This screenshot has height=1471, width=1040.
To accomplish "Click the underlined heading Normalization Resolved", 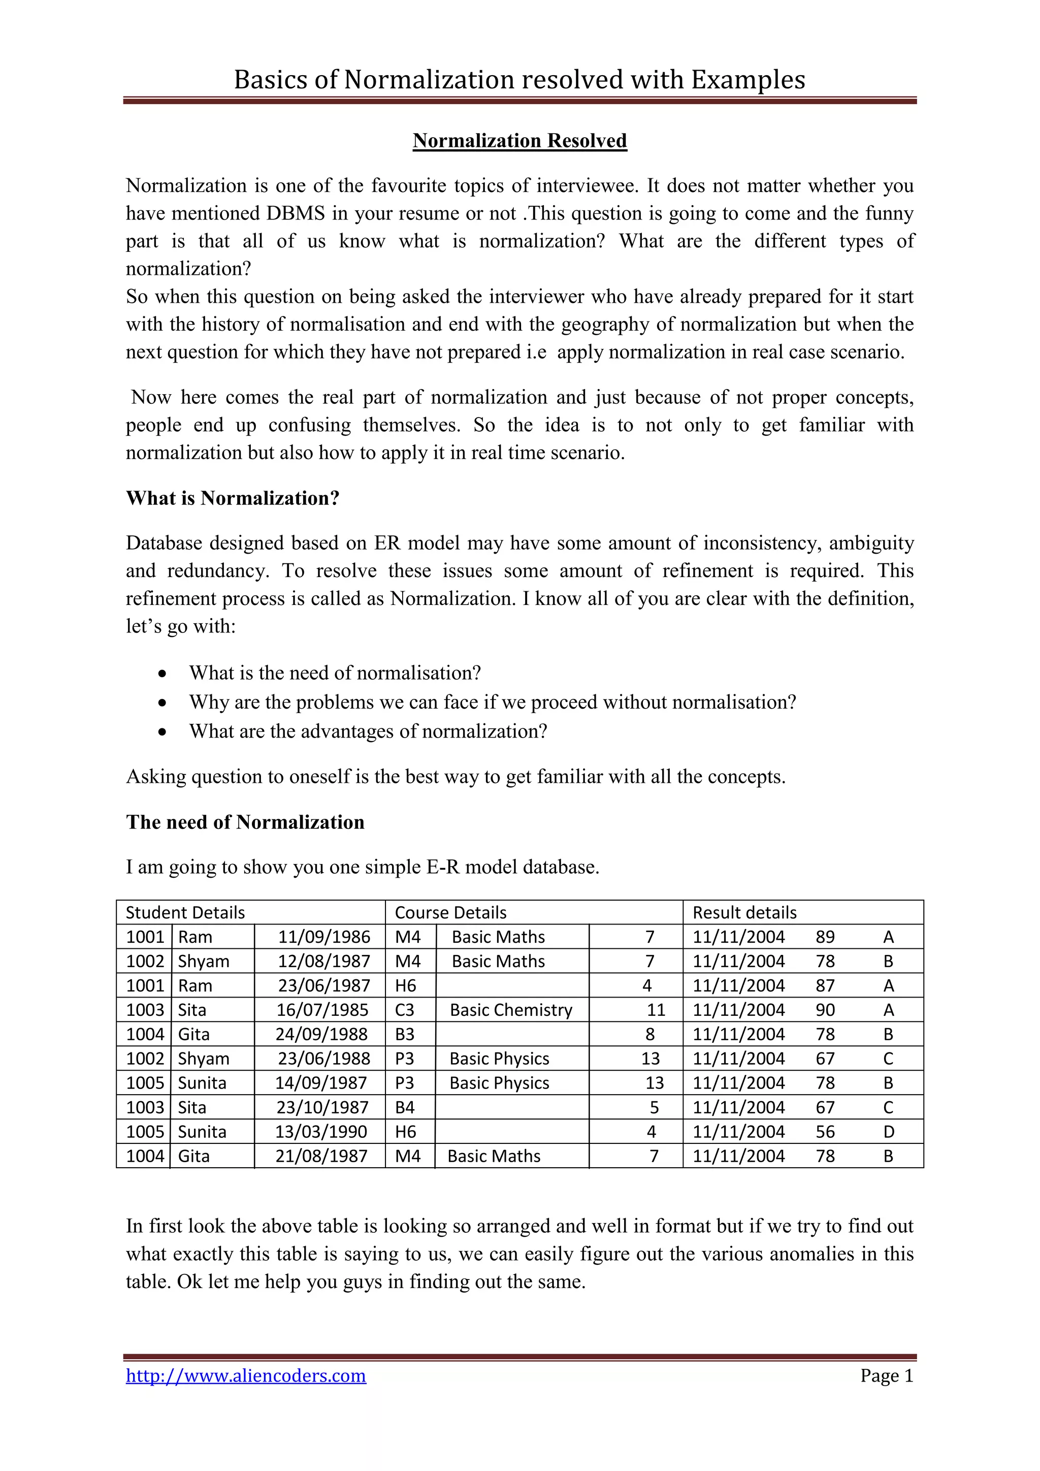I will point(519,140).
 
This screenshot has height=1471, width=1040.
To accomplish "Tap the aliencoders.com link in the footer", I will point(246,1375).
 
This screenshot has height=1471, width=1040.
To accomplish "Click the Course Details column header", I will point(450,912).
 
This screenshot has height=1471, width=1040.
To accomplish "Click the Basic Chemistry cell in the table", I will point(510,1010).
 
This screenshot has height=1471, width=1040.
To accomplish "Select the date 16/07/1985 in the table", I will point(322,1010).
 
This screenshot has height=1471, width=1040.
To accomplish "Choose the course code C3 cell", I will point(405,1010).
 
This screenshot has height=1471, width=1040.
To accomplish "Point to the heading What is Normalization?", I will point(233,498).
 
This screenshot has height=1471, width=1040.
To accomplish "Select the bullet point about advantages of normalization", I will point(368,731).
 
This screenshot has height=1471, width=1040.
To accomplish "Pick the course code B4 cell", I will point(405,1107).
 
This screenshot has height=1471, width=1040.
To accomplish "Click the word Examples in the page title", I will point(747,79).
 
